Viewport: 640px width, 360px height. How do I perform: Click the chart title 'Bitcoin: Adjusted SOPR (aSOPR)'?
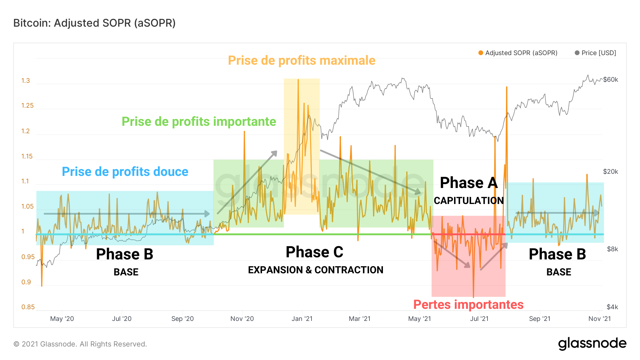pos(95,23)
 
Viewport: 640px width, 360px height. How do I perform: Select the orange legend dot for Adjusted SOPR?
pos(481,53)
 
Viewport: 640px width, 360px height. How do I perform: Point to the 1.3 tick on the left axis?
pos(26,81)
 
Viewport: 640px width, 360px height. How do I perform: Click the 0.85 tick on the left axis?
pos(28,307)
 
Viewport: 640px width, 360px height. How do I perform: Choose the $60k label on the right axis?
pos(610,80)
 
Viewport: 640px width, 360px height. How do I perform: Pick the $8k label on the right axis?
pos(612,249)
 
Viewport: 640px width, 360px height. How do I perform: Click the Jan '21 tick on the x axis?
pos(302,319)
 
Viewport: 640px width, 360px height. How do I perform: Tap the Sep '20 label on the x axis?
pos(182,319)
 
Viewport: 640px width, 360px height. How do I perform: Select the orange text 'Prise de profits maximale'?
pos(302,60)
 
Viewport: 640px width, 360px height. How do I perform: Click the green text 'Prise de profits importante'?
pos(199,122)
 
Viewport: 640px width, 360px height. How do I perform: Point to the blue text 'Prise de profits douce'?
pos(125,172)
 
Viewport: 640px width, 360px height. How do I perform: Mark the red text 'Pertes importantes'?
pos(468,305)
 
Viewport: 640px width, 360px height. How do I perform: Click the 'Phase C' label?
pos(314,252)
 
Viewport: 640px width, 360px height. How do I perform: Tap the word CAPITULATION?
pos(469,201)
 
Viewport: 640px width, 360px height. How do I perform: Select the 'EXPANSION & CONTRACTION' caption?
pos(315,270)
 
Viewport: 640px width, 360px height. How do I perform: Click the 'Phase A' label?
pos(469,183)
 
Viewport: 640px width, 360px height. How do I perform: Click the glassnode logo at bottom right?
pos(592,343)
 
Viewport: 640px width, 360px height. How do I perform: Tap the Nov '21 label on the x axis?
pos(599,319)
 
